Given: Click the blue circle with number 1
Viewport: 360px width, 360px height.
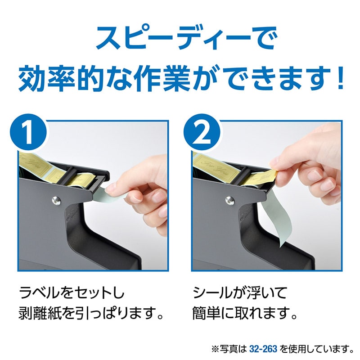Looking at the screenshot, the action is (28, 132).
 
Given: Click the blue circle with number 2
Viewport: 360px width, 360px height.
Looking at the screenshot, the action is (202, 132).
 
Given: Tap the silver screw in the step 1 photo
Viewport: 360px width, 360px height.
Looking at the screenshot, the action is (56, 201).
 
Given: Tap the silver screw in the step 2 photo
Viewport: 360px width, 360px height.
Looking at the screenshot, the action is (229, 201).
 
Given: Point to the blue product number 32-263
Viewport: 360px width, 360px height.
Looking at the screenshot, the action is (263, 349).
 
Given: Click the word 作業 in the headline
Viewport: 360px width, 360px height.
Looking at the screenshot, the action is (163, 78).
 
